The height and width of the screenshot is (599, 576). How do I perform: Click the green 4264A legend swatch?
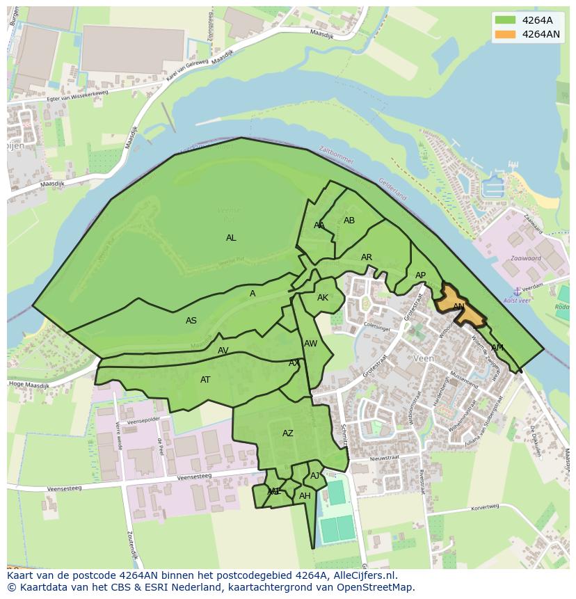505,20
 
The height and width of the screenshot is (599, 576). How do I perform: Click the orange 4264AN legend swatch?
505,34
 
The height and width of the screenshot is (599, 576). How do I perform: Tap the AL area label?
231,238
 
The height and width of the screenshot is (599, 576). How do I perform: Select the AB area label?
349,221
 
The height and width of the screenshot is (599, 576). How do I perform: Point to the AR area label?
367,257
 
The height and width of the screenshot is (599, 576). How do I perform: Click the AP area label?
420,275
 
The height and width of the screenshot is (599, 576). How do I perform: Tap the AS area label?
191,321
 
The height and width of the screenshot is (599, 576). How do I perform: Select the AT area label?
205,380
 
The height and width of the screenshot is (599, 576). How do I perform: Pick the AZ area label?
288,433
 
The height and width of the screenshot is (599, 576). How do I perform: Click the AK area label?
323,298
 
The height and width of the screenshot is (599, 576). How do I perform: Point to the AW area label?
310,344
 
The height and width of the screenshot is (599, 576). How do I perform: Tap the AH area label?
305,496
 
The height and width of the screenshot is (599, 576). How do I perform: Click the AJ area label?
315,476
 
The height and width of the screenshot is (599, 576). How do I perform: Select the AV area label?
223,351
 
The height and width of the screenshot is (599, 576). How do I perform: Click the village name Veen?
423,358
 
